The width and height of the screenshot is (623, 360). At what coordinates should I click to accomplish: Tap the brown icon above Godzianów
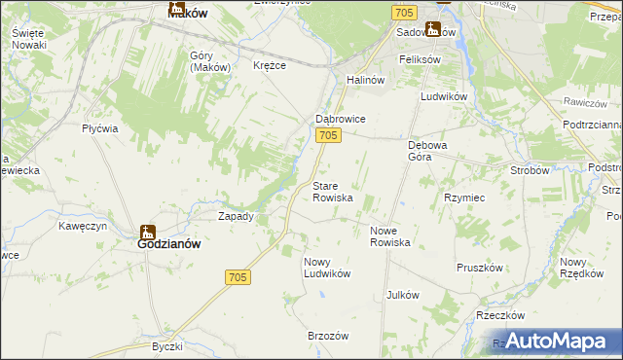click(x=148, y=232)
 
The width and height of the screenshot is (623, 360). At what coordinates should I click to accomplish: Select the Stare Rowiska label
click(x=332, y=191)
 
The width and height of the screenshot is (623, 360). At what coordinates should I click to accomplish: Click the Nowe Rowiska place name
click(x=389, y=236)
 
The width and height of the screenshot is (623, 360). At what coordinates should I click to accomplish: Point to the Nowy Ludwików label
click(x=326, y=268)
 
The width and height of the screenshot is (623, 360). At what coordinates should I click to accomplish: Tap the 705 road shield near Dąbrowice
click(x=328, y=136)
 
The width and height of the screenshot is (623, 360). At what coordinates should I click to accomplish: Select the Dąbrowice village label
click(x=340, y=119)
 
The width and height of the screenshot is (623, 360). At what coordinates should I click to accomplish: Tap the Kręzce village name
click(x=269, y=65)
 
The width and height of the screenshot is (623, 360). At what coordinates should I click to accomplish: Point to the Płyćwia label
click(x=100, y=128)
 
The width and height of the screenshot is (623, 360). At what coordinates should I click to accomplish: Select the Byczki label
click(x=167, y=346)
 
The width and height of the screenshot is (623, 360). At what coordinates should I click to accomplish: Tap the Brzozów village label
click(x=328, y=335)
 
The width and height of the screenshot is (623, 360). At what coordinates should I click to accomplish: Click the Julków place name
click(x=402, y=295)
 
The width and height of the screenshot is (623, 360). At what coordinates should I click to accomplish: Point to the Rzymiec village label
click(x=464, y=197)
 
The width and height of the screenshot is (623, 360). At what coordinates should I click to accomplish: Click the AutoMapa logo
click(x=552, y=341)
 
